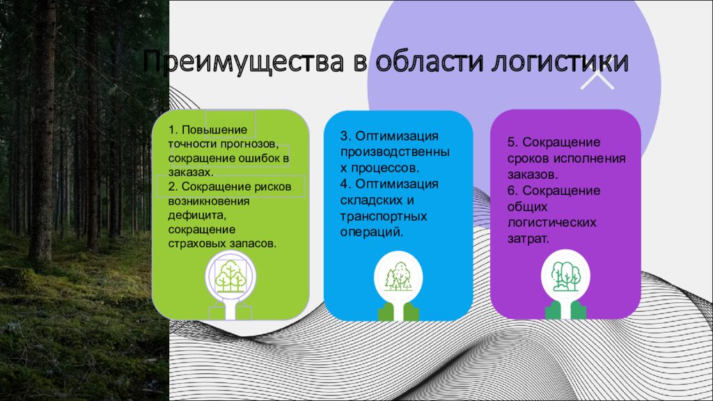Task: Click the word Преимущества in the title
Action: [243, 62]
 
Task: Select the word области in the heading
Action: [430, 61]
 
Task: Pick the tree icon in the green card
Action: [230, 276]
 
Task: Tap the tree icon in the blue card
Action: [398, 276]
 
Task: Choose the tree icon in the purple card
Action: [565, 276]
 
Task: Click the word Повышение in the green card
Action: [214, 129]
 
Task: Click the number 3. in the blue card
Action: [345, 136]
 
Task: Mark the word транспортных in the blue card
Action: [384, 217]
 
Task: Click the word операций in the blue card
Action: [372, 233]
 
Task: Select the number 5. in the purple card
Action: [513, 142]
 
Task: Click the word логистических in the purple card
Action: [551, 223]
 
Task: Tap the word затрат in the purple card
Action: [528, 239]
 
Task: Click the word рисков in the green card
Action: [273, 187]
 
